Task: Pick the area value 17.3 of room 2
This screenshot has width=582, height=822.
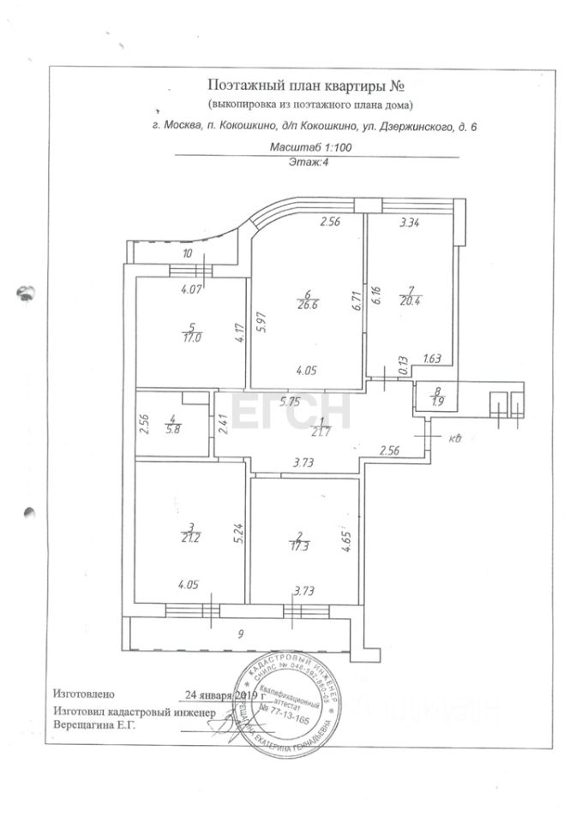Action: (x=300, y=543)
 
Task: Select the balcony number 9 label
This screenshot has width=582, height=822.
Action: (x=241, y=634)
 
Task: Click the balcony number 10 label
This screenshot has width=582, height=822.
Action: (x=187, y=253)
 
